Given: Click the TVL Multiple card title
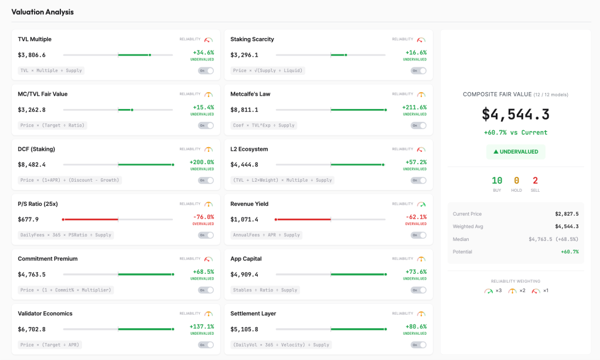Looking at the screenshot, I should click(x=35, y=39).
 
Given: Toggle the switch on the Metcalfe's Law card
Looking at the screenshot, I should click(x=418, y=125).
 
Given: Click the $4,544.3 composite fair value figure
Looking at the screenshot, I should click(x=516, y=114).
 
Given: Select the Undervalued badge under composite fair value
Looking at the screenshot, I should click(x=516, y=152).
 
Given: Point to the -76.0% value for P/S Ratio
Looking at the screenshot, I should click(x=203, y=217).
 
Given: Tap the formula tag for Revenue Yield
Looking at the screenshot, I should click(x=266, y=235).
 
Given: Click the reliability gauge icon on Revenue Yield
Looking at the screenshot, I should click(x=421, y=204).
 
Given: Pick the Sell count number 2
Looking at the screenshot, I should click(x=535, y=181).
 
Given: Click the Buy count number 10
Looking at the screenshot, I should click(x=497, y=181).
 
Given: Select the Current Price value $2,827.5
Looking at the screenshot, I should click(x=567, y=214).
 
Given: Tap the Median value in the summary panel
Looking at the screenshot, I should click(x=553, y=239).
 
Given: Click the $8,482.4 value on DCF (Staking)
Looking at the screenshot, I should click(x=32, y=165).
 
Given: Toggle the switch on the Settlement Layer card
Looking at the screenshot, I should click(x=418, y=345).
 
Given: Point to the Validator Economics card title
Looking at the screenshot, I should click(x=45, y=314).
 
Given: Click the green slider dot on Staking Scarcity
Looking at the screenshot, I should click(x=346, y=55).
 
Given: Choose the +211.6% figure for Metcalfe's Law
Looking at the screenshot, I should click(x=414, y=107).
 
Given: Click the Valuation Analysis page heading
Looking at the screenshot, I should click(x=42, y=12).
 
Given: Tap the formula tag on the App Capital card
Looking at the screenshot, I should click(x=265, y=290).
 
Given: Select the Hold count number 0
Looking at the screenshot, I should click(x=516, y=181).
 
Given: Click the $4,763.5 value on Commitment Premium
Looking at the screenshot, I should click(x=32, y=274).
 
